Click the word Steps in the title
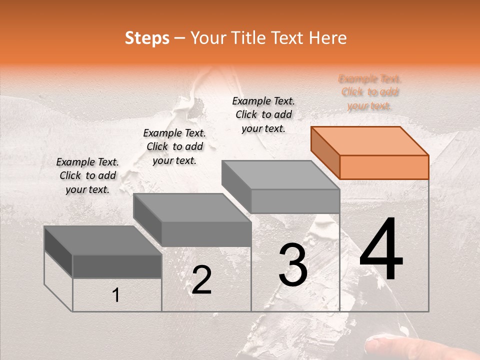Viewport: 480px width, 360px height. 147,38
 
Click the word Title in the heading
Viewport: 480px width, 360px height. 249,38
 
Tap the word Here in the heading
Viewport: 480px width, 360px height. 327,38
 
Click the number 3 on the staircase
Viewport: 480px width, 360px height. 293,265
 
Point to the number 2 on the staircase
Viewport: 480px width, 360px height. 201,280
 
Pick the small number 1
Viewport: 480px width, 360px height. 116,295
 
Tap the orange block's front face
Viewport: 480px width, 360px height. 384,167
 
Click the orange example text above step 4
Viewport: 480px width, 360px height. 370,92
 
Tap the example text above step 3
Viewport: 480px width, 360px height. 263,114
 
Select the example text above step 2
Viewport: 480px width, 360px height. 174,146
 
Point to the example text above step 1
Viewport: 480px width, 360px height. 87,175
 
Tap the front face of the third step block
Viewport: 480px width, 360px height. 295,201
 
